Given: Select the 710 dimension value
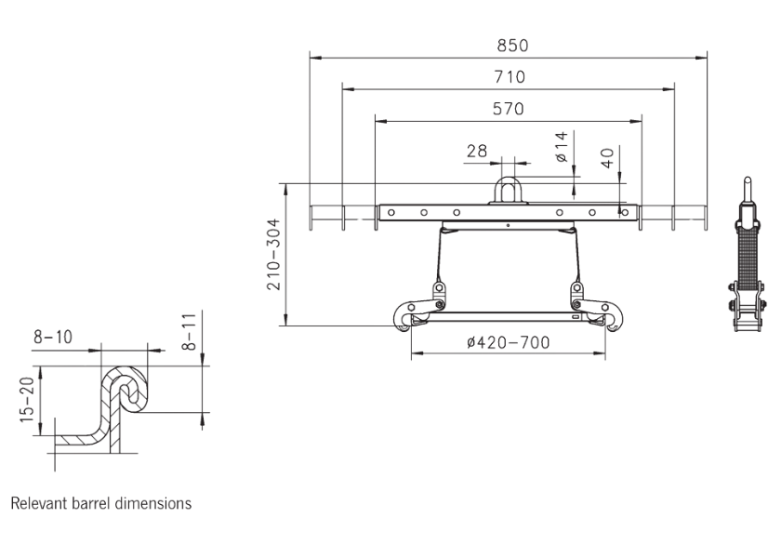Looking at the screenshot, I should tap(508, 77).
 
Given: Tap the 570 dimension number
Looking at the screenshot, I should tap(508, 109).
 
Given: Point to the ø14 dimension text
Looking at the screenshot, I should tap(561, 147).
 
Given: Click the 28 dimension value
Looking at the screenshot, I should tap(478, 151).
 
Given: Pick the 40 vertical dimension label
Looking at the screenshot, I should tap(607, 158).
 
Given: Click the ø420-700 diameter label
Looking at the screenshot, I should tap(508, 342).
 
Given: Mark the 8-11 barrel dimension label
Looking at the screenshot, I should tap(190, 331).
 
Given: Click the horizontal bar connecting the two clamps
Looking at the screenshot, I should tap(507, 316).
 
